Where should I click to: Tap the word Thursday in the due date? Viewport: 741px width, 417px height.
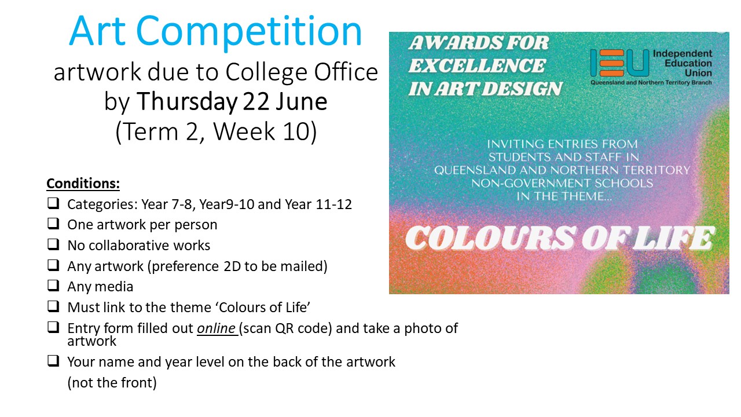click(x=187, y=101)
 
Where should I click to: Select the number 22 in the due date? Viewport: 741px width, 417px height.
click(x=256, y=101)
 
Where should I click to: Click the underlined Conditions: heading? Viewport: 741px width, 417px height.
click(x=83, y=184)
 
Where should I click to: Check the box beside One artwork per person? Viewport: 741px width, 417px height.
click(x=53, y=224)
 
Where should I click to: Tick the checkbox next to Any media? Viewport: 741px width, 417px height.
click(x=53, y=286)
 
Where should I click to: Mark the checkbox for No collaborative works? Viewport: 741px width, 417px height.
click(x=53, y=244)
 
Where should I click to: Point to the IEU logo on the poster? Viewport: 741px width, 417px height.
click(x=619, y=63)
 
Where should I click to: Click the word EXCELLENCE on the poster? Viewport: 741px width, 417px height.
click(x=476, y=65)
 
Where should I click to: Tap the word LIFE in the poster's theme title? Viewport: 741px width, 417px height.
click(x=673, y=238)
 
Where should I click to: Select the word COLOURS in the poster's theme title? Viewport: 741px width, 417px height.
click(x=490, y=238)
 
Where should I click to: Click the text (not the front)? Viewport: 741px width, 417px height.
click(x=112, y=383)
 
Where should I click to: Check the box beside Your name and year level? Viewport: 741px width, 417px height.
click(x=53, y=361)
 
